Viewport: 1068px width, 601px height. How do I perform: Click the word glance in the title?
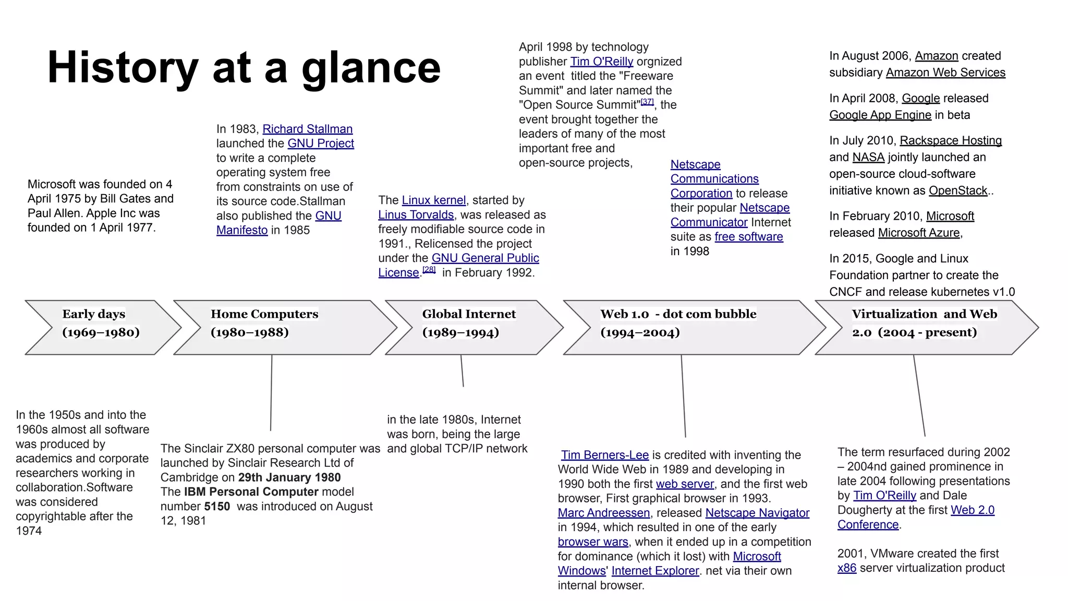[x=371, y=68]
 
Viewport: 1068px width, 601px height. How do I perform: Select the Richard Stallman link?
[x=307, y=129]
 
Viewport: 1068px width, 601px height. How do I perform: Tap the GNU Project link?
[x=321, y=143]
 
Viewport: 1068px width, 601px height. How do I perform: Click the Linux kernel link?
[x=433, y=200]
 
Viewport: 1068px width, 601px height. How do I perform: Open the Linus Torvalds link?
[x=416, y=215]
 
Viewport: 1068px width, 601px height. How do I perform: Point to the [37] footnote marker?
[x=647, y=102]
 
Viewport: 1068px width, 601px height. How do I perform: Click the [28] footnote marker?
[x=429, y=270]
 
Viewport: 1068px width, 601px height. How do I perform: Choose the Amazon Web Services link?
[x=945, y=73]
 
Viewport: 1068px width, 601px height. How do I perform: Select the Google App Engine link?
[x=880, y=115]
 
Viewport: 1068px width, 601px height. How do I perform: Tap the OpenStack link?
[x=958, y=190]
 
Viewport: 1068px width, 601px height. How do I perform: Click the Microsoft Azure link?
[x=919, y=233]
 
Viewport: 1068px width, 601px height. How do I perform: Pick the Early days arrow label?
[x=94, y=314]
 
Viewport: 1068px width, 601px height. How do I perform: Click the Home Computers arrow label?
[x=264, y=314]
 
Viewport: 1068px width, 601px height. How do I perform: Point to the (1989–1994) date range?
[x=460, y=332]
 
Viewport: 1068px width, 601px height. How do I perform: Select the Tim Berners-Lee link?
[x=605, y=455]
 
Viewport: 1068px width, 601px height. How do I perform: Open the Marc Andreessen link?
[x=604, y=513]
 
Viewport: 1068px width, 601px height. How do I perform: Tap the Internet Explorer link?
[x=655, y=571]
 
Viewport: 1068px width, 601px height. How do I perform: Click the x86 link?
[x=846, y=568]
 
